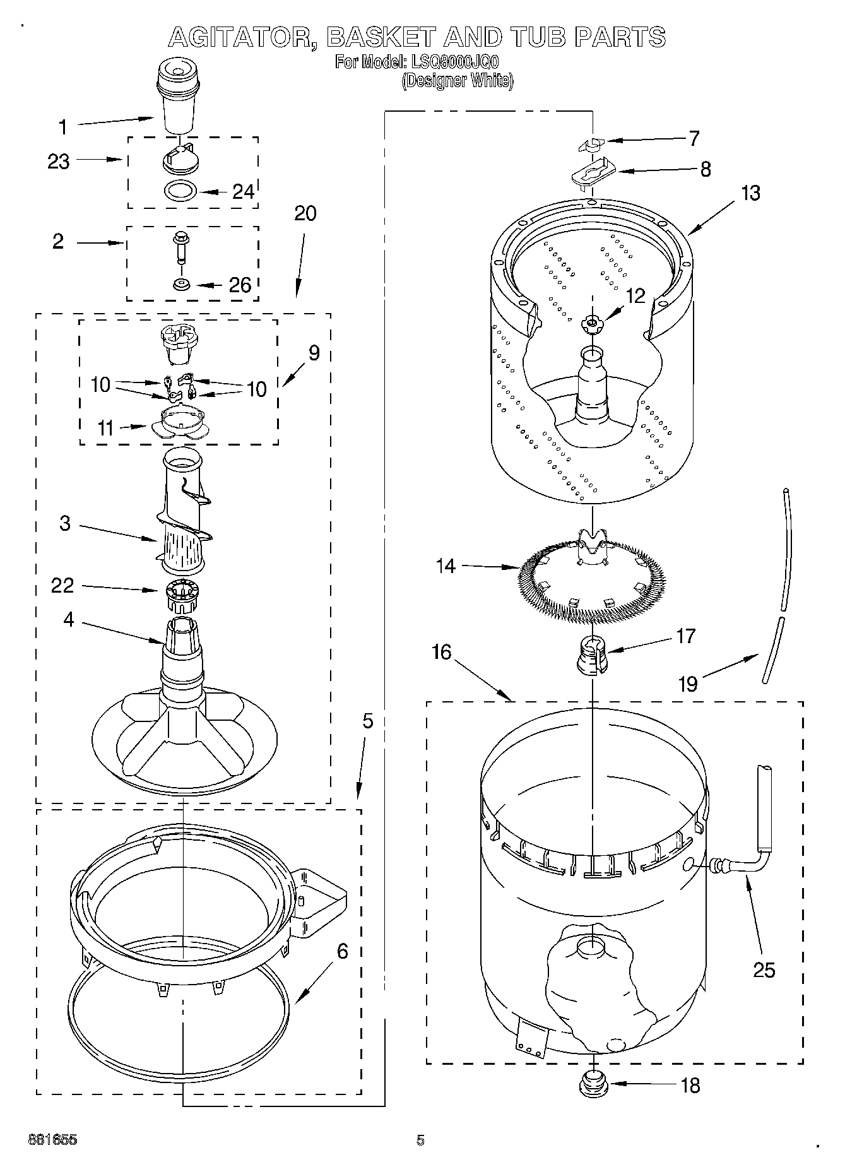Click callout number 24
[243, 191]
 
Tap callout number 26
[240, 285]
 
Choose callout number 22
[62, 586]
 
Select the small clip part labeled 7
[590, 145]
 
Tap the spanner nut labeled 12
[591, 324]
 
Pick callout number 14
[446, 566]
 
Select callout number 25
[764, 969]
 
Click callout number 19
[688, 683]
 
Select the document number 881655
[52, 1140]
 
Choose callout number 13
[750, 193]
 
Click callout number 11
[105, 429]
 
